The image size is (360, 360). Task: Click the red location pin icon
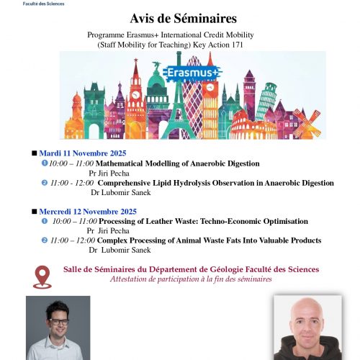(x=42, y=276)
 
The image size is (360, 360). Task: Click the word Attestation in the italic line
(x=132, y=279)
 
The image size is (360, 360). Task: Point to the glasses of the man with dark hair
(x=58, y=321)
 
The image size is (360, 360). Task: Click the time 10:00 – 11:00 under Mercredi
(x=75, y=221)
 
